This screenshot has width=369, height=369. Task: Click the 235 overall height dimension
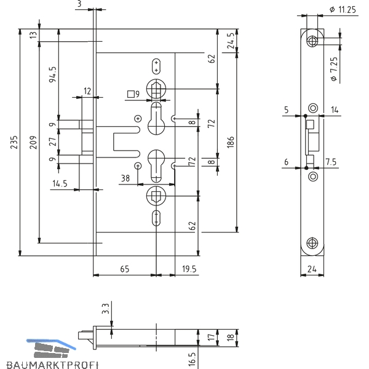click(14, 142)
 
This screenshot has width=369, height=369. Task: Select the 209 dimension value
click(33, 142)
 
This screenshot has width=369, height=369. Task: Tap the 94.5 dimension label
click(53, 74)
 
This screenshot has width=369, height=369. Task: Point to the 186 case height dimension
click(231, 142)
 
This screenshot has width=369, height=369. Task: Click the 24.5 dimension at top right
click(231, 41)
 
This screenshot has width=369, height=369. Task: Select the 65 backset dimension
click(125, 269)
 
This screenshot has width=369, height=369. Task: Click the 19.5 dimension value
click(189, 269)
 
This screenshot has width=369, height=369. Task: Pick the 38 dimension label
click(125, 178)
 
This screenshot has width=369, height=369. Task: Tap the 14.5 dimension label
click(60, 183)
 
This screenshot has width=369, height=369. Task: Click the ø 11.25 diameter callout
click(343, 10)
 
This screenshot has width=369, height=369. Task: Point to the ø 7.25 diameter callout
click(334, 69)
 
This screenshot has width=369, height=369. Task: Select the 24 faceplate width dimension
click(312, 269)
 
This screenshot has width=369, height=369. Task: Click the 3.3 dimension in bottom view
click(106, 309)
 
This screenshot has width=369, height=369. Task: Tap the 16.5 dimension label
click(192, 359)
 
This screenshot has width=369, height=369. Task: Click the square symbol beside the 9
click(131, 94)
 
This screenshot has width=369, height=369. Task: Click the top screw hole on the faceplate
click(312, 41)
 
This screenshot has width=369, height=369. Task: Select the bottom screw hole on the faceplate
click(312, 243)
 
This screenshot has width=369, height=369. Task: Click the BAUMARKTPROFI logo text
click(52, 365)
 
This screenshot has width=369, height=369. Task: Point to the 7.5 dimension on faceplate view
click(331, 162)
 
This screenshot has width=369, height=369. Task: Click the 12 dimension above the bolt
click(87, 91)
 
